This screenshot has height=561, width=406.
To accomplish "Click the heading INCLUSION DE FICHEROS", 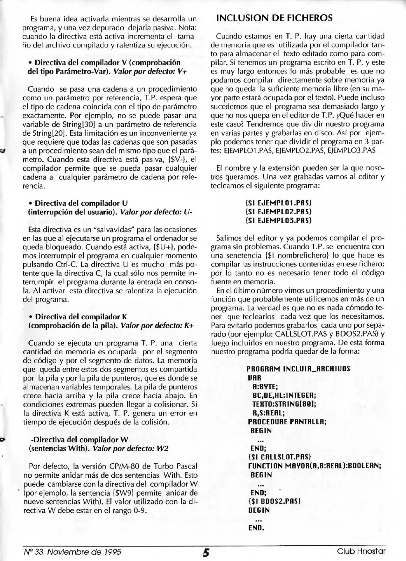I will click(274, 18).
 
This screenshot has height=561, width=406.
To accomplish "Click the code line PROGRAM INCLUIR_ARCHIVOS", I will click(298, 369).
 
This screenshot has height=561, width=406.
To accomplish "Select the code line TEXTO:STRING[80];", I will click(284, 404).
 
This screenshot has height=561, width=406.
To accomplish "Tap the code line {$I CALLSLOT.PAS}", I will click(279, 457).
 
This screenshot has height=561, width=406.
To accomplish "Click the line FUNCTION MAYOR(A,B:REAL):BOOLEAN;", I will click(315, 466).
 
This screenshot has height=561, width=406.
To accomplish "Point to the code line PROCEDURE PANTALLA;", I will click(287, 422).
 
